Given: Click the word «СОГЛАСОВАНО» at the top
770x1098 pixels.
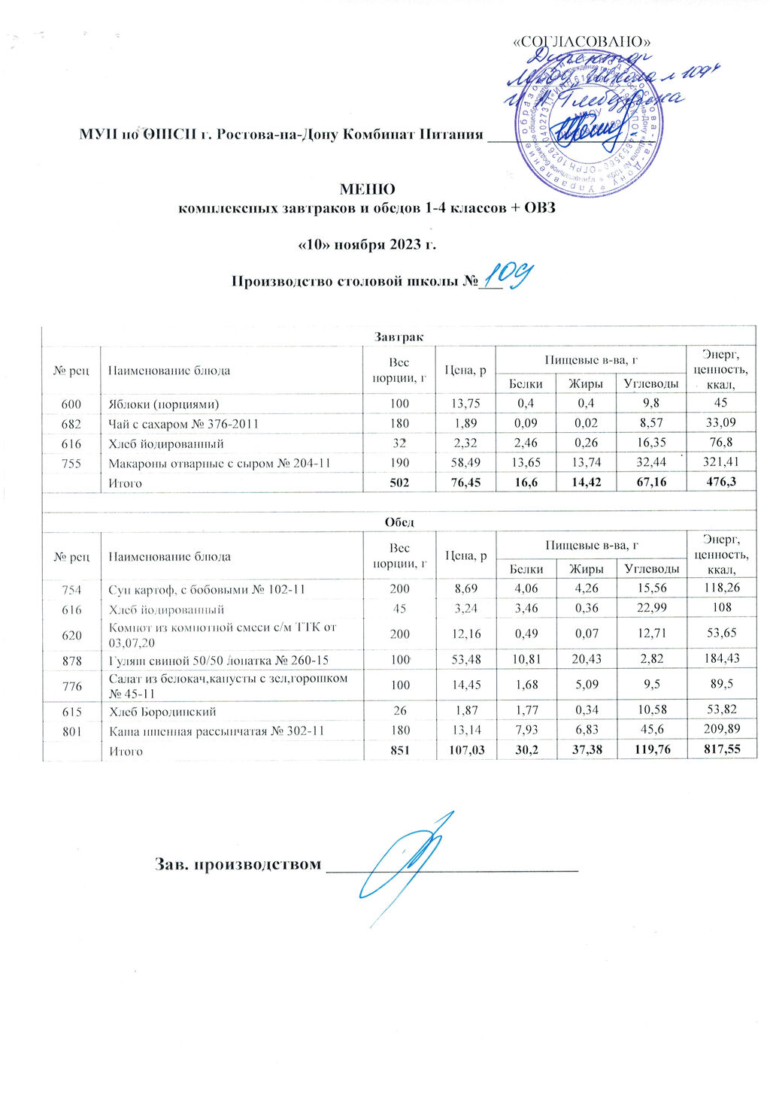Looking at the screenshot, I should (x=581, y=41).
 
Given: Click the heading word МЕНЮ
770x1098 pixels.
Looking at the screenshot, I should (x=368, y=189).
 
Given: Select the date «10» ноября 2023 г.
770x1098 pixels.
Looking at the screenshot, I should (x=367, y=245).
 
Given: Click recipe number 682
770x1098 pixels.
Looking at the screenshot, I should (x=71, y=424).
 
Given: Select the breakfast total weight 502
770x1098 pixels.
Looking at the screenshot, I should (x=399, y=482).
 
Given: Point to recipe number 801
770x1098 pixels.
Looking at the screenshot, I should (x=71, y=730).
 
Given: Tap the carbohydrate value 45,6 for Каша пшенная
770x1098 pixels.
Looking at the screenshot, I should (x=650, y=730).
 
